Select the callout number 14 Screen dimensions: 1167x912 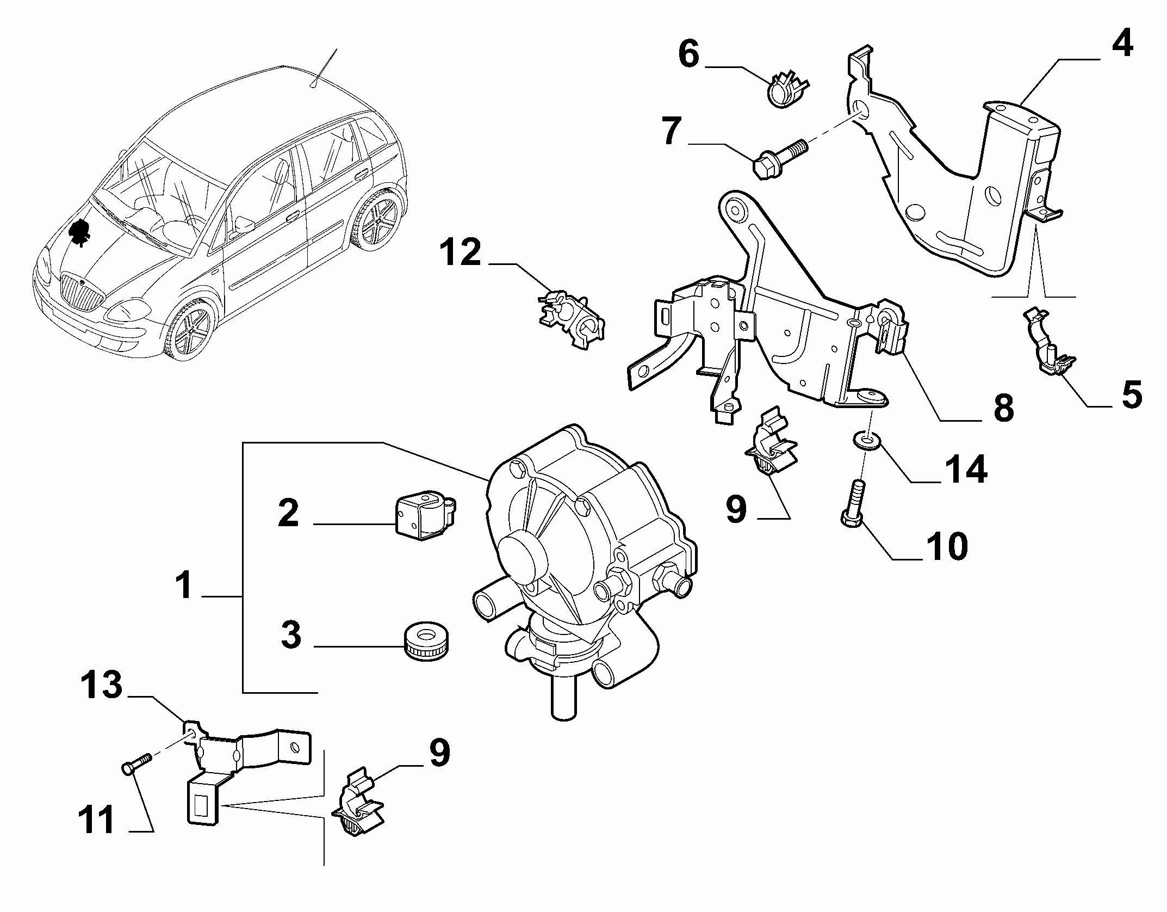tap(965, 469)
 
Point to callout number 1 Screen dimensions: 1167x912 tap(184, 586)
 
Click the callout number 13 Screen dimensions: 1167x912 tap(102, 684)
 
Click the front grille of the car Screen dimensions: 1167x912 tap(81, 292)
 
